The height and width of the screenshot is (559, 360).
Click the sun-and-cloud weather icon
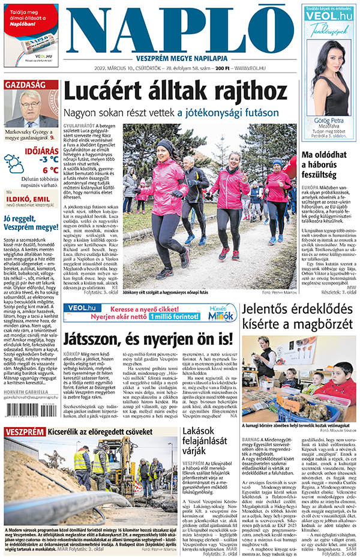[x=14, y=164]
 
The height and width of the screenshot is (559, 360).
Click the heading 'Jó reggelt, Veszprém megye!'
[x=31, y=223]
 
